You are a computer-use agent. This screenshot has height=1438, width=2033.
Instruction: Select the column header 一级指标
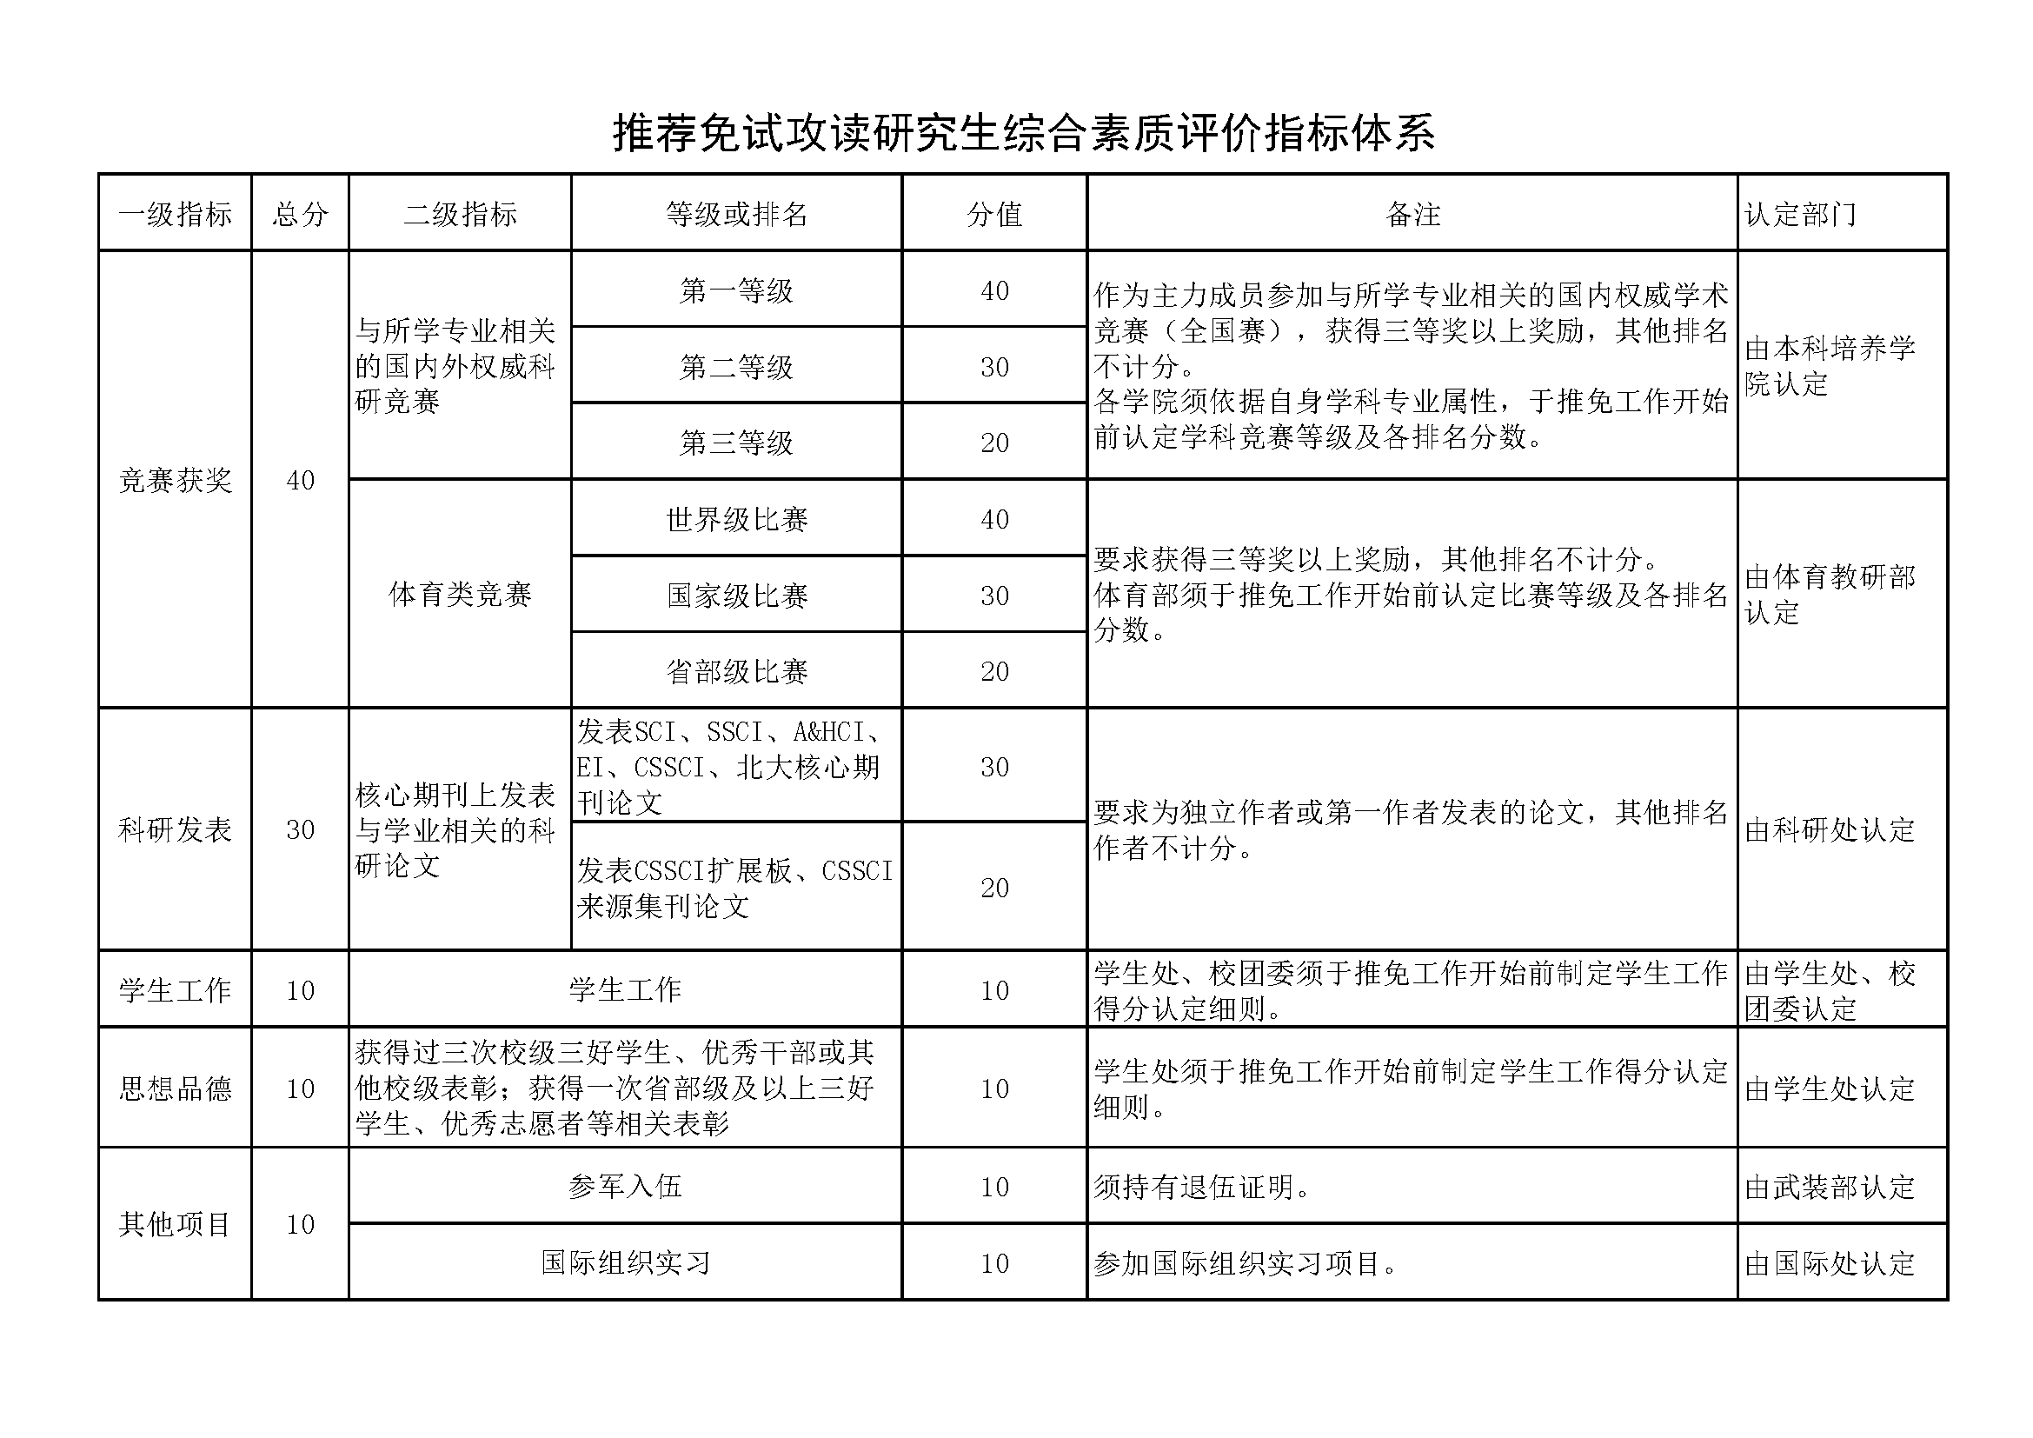pos(176,214)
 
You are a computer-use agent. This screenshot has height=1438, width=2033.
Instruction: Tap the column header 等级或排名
pos(737,214)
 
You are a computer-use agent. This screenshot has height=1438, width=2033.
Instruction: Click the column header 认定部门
pos(1800,214)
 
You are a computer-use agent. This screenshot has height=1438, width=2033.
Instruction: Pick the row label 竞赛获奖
pos(176,480)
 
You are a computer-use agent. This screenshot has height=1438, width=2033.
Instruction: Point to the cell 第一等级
pos(737,290)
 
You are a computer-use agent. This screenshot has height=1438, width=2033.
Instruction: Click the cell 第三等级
pos(737,443)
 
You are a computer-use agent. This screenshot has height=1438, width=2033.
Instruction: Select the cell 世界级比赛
pos(737,519)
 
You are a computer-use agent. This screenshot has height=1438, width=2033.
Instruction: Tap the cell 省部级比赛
pos(737,671)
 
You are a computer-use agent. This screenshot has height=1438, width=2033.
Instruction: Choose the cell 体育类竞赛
pos(460,594)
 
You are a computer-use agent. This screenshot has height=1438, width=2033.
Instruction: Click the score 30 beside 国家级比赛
pos(994,596)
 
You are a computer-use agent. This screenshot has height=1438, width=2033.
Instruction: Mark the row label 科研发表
pos(176,829)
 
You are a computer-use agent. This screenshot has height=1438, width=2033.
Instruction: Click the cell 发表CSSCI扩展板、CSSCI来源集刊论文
pos(735,889)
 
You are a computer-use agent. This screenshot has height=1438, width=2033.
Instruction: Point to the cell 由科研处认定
pos(1830,829)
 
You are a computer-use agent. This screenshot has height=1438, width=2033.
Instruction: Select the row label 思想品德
pos(176,1088)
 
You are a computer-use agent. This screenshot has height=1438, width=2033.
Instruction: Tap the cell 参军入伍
pos(625,1187)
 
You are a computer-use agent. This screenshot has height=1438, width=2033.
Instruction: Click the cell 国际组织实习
pos(625,1262)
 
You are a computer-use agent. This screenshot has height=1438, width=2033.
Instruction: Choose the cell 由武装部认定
pos(1830,1187)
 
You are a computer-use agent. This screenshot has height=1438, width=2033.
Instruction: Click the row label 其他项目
pos(176,1225)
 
